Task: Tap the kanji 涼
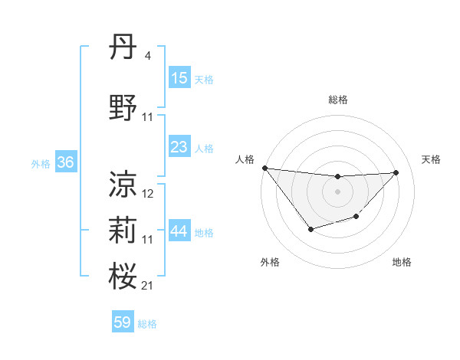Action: (123, 185)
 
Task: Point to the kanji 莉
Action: (123, 230)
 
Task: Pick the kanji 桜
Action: (123, 276)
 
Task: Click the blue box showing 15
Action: (179, 77)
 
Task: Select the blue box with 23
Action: (179, 147)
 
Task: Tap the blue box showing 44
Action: (179, 231)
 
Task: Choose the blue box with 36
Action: (66, 162)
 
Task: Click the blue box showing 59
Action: (123, 322)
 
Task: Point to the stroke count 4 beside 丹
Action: (147, 56)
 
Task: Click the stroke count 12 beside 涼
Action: (148, 194)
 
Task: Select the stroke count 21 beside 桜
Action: (148, 286)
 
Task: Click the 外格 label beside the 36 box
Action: (40, 163)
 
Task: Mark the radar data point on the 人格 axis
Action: (264, 168)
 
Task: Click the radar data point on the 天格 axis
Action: (396, 172)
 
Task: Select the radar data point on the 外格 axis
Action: (310, 229)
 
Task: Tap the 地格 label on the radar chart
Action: (402, 262)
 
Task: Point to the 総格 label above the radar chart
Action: (337, 100)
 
